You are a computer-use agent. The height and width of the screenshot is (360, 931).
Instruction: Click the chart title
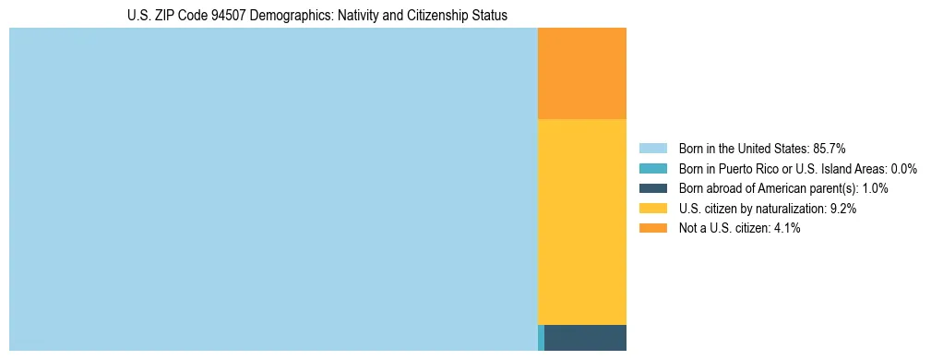click(x=316, y=16)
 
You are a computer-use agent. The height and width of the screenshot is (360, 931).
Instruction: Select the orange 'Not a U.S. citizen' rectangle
click(x=581, y=74)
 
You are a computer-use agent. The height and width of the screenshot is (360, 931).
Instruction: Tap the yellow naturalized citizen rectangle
click(x=581, y=222)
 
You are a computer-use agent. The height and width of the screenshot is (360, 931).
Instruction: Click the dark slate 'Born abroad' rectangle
click(x=585, y=337)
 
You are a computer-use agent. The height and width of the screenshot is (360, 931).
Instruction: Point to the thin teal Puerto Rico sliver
click(x=541, y=337)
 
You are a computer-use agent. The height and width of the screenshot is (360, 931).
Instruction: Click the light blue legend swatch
click(x=652, y=148)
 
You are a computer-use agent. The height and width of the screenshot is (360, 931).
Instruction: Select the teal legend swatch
click(x=652, y=168)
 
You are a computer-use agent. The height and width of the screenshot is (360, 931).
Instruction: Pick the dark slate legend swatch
click(x=652, y=188)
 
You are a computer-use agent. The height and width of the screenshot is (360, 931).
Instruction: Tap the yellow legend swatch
click(x=652, y=209)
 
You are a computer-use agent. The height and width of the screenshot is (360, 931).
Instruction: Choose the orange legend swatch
click(x=652, y=228)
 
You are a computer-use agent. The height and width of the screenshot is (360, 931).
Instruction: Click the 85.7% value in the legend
click(x=830, y=148)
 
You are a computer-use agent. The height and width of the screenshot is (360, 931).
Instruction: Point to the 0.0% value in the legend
click(x=903, y=168)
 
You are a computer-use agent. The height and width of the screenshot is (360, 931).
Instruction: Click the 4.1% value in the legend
click(x=787, y=228)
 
